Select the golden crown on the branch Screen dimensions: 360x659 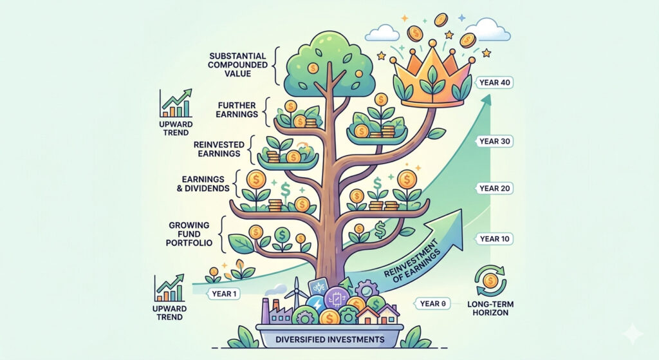coord(432,72)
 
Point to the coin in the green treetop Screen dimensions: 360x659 coord(313,68)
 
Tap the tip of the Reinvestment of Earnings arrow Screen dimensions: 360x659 coord(462,213)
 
